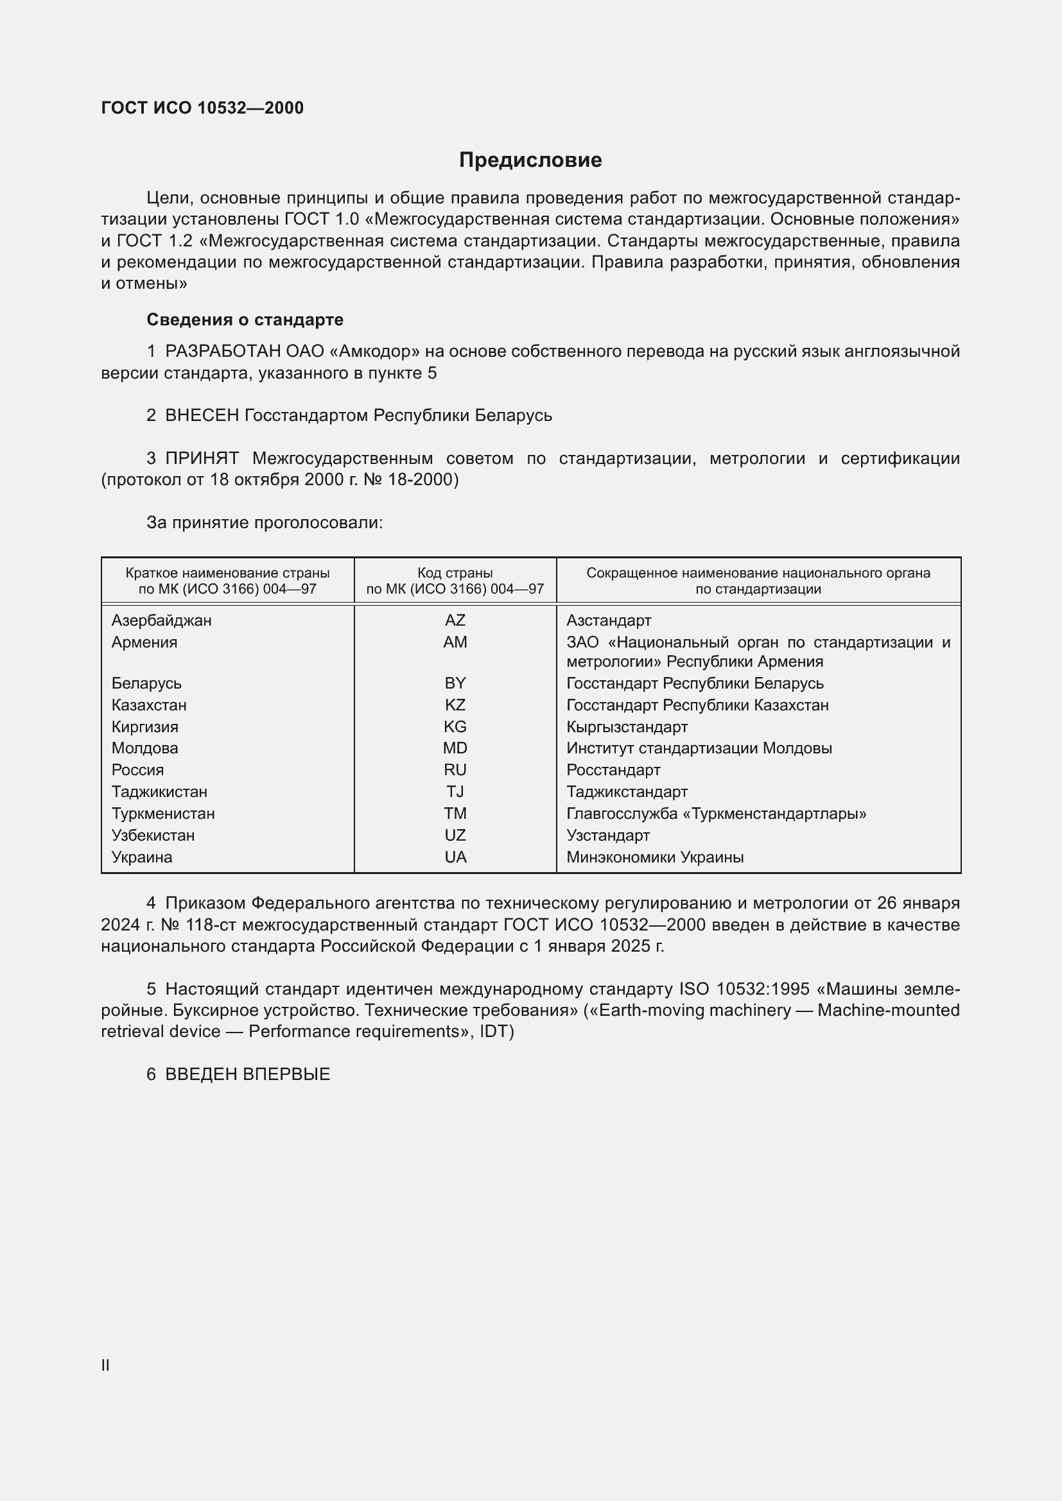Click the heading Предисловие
point(530,160)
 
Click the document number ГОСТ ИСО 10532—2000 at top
point(202,108)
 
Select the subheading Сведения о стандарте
point(245,320)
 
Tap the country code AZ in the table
point(455,620)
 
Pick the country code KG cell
point(455,726)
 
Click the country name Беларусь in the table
point(146,683)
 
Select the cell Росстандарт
point(613,769)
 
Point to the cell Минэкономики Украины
point(656,857)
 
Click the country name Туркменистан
point(163,813)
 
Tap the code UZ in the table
point(455,835)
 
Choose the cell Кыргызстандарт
point(627,726)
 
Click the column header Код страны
point(455,572)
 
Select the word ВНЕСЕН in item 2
point(202,415)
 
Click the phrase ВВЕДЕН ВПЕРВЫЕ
point(247,1074)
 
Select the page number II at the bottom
point(105,1365)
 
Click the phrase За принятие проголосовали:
point(264,522)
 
